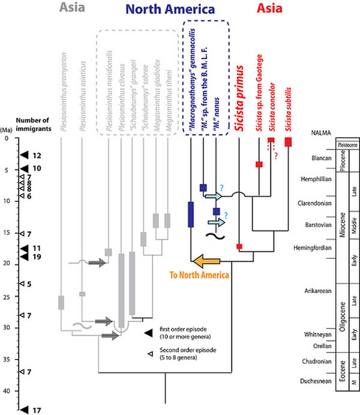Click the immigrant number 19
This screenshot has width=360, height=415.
(x=36, y=257)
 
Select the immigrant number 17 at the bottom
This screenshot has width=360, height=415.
(x=36, y=410)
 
